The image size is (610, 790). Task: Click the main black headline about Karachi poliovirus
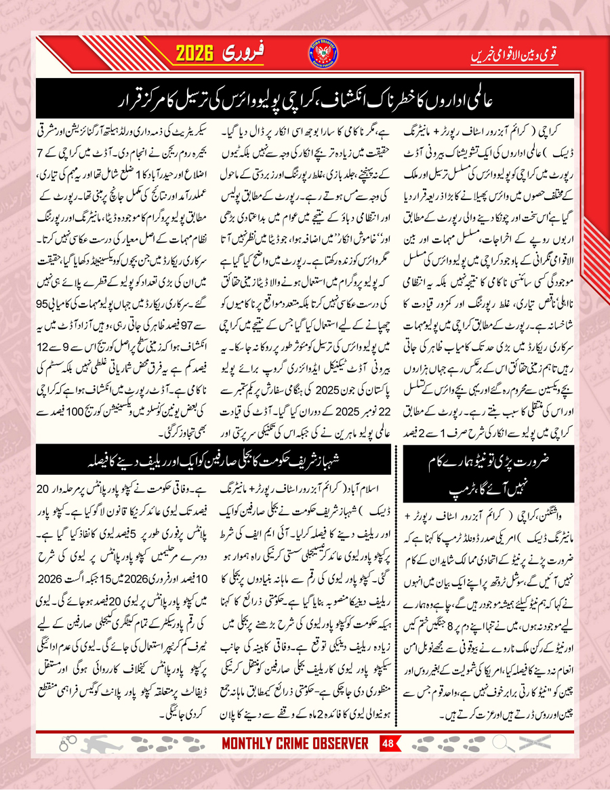coord(304,100)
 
